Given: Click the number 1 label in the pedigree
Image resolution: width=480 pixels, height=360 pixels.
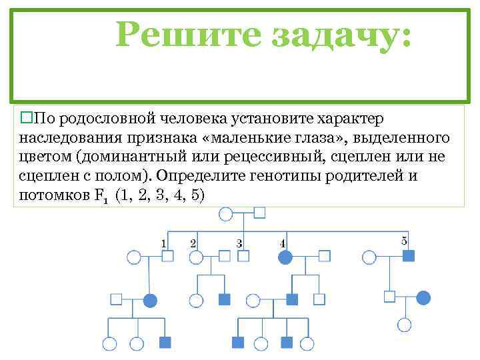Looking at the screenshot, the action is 163,243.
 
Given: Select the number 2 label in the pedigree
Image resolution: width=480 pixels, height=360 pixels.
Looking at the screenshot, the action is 193,243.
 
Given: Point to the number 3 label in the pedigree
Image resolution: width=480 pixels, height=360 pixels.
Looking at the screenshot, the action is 239,243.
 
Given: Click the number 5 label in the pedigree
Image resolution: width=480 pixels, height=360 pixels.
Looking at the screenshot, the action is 405,241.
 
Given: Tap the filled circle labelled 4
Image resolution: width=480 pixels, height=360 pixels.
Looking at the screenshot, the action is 285,257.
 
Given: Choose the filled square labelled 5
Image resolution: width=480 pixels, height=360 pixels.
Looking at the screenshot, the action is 409,256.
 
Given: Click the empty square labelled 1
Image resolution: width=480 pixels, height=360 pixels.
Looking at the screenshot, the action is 168,257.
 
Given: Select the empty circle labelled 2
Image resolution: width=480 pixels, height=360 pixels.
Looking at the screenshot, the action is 196,257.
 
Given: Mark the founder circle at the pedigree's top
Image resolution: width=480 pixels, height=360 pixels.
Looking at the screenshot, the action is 226,214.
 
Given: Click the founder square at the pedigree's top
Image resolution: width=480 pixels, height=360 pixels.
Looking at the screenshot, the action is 260,213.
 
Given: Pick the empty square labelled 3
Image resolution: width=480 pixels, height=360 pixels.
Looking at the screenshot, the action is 244,257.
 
